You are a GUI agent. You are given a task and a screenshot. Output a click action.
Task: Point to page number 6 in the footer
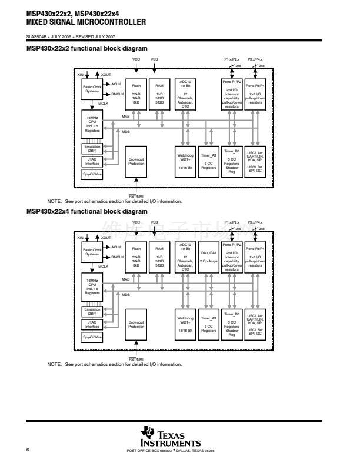(28, 450)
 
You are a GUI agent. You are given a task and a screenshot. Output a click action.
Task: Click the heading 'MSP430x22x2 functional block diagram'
(86, 48)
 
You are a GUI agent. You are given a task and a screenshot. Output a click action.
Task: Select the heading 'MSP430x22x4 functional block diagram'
(86, 211)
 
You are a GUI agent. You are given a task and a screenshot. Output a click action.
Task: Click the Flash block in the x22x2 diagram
(136, 94)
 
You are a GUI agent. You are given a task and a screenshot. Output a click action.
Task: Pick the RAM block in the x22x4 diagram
(159, 257)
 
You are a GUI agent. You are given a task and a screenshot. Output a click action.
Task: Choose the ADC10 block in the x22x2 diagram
(185, 94)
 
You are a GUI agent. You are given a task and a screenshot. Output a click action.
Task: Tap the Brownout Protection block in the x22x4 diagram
(136, 324)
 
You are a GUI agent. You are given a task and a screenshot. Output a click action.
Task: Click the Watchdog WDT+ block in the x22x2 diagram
(185, 161)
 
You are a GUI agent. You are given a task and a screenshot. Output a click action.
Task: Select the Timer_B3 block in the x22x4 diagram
(232, 324)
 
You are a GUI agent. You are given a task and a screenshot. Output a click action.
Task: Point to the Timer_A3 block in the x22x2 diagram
(209, 161)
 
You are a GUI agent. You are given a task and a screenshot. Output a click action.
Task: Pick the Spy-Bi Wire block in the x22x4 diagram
(92, 337)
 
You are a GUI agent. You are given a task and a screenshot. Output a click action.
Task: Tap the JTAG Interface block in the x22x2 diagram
(92, 161)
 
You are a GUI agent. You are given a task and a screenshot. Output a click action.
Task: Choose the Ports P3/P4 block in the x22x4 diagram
(255, 257)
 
